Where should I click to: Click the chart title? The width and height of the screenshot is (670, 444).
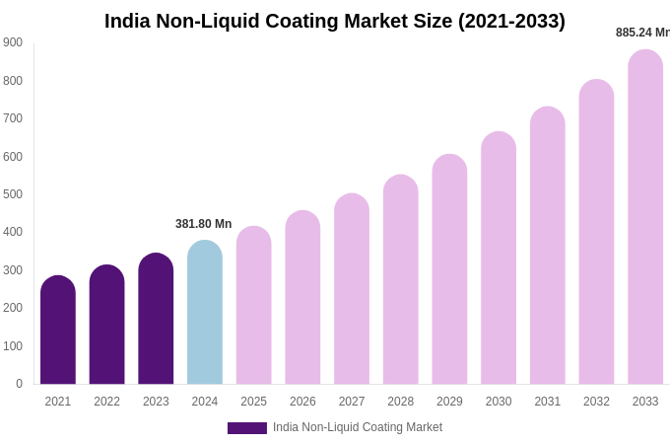pyautogui.click(x=335, y=21)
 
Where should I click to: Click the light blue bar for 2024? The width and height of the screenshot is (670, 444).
pyautogui.click(x=205, y=313)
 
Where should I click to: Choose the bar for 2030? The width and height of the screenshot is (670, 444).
pyautogui.click(x=499, y=259)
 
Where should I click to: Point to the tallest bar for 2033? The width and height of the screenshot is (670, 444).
pyautogui.click(x=645, y=217)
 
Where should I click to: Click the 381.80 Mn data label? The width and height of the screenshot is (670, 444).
pyautogui.click(x=204, y=224)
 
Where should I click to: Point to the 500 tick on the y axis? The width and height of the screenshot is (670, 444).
pyautogui.click(x=13, y=194)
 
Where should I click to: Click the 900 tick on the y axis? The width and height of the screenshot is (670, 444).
pyautogui.click(x=13, y=42)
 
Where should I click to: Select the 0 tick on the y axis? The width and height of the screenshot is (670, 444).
pyautogui.click(x=19, y=384)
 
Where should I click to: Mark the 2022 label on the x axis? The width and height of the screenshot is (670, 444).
pyautogui.click(x=106, y=402)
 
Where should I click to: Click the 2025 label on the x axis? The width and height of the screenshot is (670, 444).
pyautogui.click(x=253, y=402)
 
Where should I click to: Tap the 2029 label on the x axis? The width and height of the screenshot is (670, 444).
pyautogui.click(x=449, y=402)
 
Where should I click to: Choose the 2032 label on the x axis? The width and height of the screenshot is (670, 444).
pyautogui.click(x=596, y=402)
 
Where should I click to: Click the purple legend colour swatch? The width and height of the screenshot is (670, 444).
pyautogui.click(x=247, y=428)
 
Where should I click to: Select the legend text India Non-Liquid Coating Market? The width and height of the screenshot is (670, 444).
pyautogui.click(x=358, y=427)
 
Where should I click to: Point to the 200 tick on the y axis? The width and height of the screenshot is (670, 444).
pyautogui.click(x=13, y=308)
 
